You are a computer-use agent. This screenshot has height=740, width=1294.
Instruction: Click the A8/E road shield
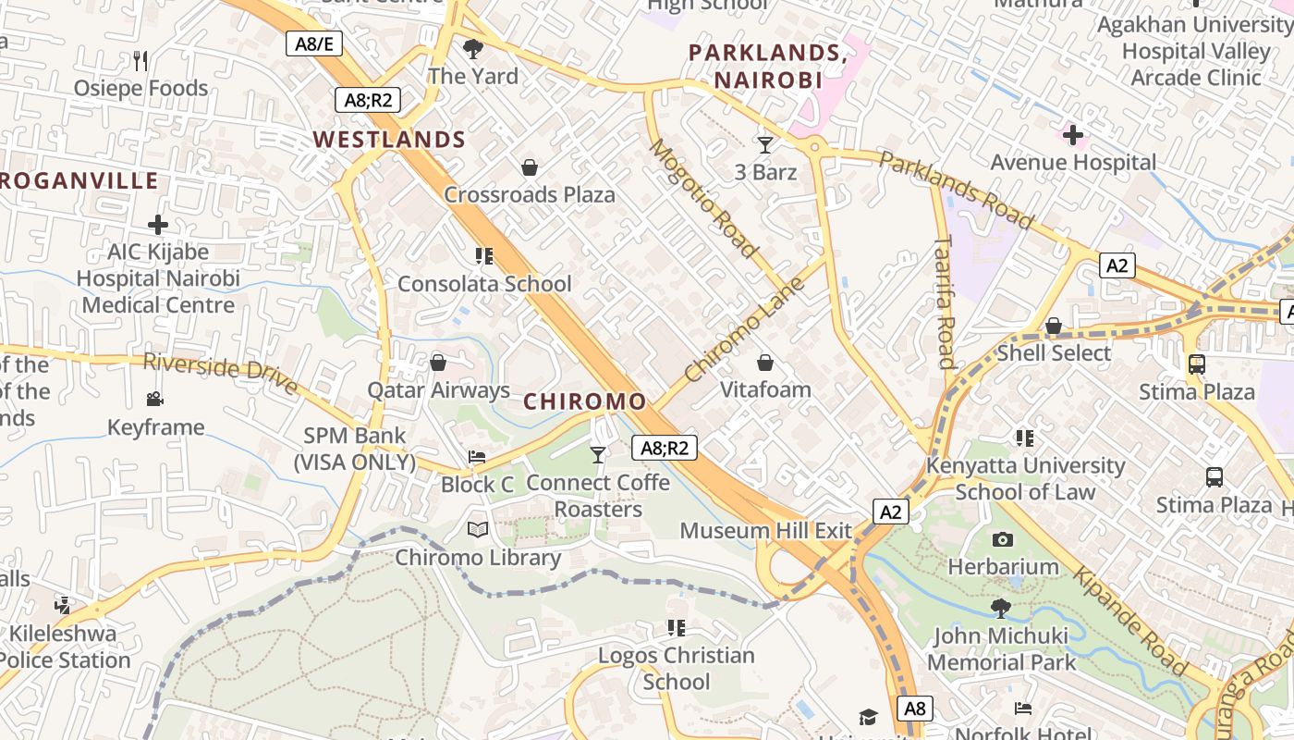pyautogui.click(x=314, y=43)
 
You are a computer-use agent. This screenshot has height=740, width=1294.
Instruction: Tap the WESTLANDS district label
pyautogui.click(x=389, y=140)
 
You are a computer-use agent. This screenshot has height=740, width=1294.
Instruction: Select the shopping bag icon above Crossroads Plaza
pyautogui.click(x=530, y=167)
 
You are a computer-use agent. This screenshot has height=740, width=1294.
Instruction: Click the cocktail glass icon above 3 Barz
pyautogui.click(x=765, y=144)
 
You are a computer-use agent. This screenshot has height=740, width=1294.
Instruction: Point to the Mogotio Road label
pyautogui.click(x=702, y=198)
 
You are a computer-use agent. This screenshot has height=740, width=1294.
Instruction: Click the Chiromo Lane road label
pyautogui.click(x=745, y=329)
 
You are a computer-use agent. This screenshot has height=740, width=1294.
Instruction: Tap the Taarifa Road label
pyautogui.click(x=945, y=302)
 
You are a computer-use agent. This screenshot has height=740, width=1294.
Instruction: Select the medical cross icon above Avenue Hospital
pyautogui.click(x=1073, y=136)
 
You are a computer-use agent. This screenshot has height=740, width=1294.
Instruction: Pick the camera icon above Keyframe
pyautogui.click(x=155, y=400)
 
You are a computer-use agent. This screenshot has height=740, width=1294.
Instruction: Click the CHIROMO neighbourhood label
pyautogui.click(x=585, y=401)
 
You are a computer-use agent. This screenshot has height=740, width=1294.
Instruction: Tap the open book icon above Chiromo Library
pyautogui.click(x=478, y=530)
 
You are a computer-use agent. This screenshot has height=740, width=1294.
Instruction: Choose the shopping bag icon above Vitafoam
pyautogui.click(x=765, y=363)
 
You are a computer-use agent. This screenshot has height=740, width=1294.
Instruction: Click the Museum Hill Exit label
pyautogui.click(x=765, y=531)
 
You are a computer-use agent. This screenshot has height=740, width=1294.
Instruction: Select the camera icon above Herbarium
pyautogui.click(x=1003, y=539)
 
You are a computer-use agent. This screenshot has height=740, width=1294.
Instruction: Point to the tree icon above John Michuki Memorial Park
pyautogui.click(x=1000, y=608)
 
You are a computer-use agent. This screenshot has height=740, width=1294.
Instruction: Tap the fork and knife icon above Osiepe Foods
pyautogui.click(x=140, y=61)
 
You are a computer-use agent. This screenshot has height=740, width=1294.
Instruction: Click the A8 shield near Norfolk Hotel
pyautogui.click(x=914, y=709)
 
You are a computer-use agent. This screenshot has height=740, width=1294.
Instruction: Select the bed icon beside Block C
pyautogui.click(x=477, y=457)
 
